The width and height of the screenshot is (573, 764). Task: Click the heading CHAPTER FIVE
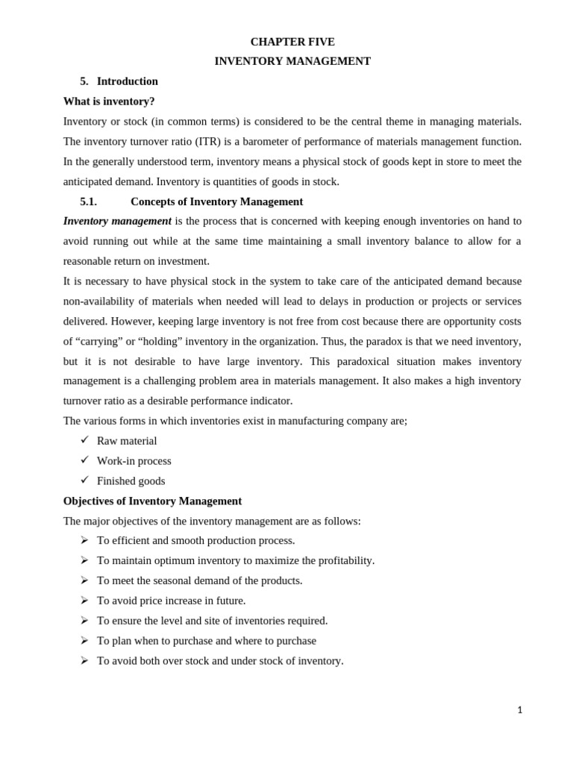292,42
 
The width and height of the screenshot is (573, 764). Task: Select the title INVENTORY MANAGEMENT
292,61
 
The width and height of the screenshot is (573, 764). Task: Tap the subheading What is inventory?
109,101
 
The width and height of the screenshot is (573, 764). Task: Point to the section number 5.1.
88,201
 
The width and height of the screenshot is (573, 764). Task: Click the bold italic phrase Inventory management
117,221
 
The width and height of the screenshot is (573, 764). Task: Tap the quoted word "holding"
155,341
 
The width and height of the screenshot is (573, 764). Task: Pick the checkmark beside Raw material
84,439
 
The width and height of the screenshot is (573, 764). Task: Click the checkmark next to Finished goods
84,480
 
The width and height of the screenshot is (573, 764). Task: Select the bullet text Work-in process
134,461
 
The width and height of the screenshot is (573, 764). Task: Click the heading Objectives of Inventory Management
152,501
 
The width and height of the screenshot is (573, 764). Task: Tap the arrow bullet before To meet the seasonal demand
84,580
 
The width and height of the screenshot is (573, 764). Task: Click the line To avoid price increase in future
171,601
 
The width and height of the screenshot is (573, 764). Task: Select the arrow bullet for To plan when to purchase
84,640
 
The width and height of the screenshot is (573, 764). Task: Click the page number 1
519,710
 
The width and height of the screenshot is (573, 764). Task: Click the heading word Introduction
128,81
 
